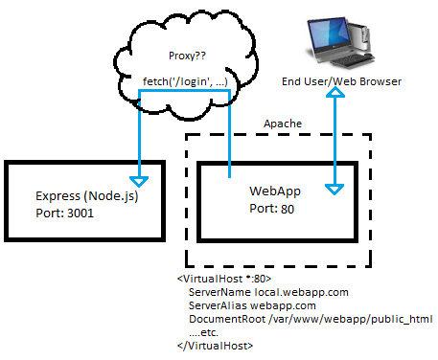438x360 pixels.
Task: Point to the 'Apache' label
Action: click(x=284, y=124)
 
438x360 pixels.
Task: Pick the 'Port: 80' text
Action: click(x=272, y=209)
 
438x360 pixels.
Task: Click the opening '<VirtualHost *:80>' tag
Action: click(x=226, y=279)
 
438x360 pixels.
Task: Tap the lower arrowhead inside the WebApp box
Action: click(x=334, y=188)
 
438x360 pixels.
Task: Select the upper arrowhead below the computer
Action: click(x=334, y=99)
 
